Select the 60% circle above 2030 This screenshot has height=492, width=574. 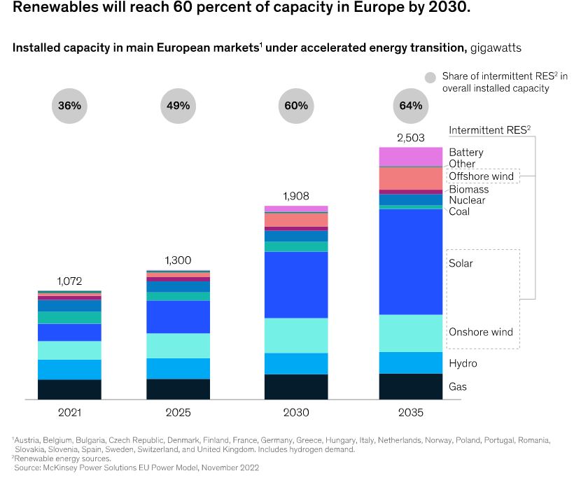pos(295,106)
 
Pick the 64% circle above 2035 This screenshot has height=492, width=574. pos(411,106)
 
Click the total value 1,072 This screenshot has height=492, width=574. pos(69,281)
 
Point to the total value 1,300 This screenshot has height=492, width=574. pos(178,260)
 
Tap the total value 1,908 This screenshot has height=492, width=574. pos(295,196)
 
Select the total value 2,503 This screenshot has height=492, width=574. pos(411,138)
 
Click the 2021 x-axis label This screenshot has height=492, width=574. pos(69,413)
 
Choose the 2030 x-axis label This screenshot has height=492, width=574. pos(295,413)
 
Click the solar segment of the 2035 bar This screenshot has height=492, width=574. pos(411,262)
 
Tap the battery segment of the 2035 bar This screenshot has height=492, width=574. pos(411,157)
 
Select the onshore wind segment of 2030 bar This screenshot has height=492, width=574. pos(295,335)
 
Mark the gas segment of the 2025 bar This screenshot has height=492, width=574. pos(178,389)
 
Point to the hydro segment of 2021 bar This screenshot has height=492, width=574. pos(69,370)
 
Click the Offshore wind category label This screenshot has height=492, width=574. pos(481,176)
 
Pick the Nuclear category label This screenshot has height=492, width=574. pos(467,201)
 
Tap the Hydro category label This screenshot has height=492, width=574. pos(463,364)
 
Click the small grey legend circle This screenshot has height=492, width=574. pos(430,76)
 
